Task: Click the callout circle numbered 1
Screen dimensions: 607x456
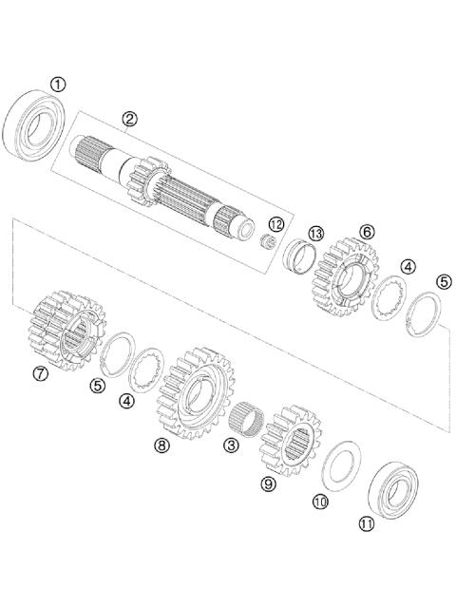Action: [x=59, y=85]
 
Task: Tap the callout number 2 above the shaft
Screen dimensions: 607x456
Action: [x=129, y=119]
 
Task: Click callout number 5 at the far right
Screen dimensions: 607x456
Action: [x=443, y=281]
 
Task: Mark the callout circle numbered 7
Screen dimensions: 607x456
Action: [x=40, y=373]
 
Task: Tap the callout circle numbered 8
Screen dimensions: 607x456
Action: [x=161, y=444]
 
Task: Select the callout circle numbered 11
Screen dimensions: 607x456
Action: [x=366, y=522]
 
